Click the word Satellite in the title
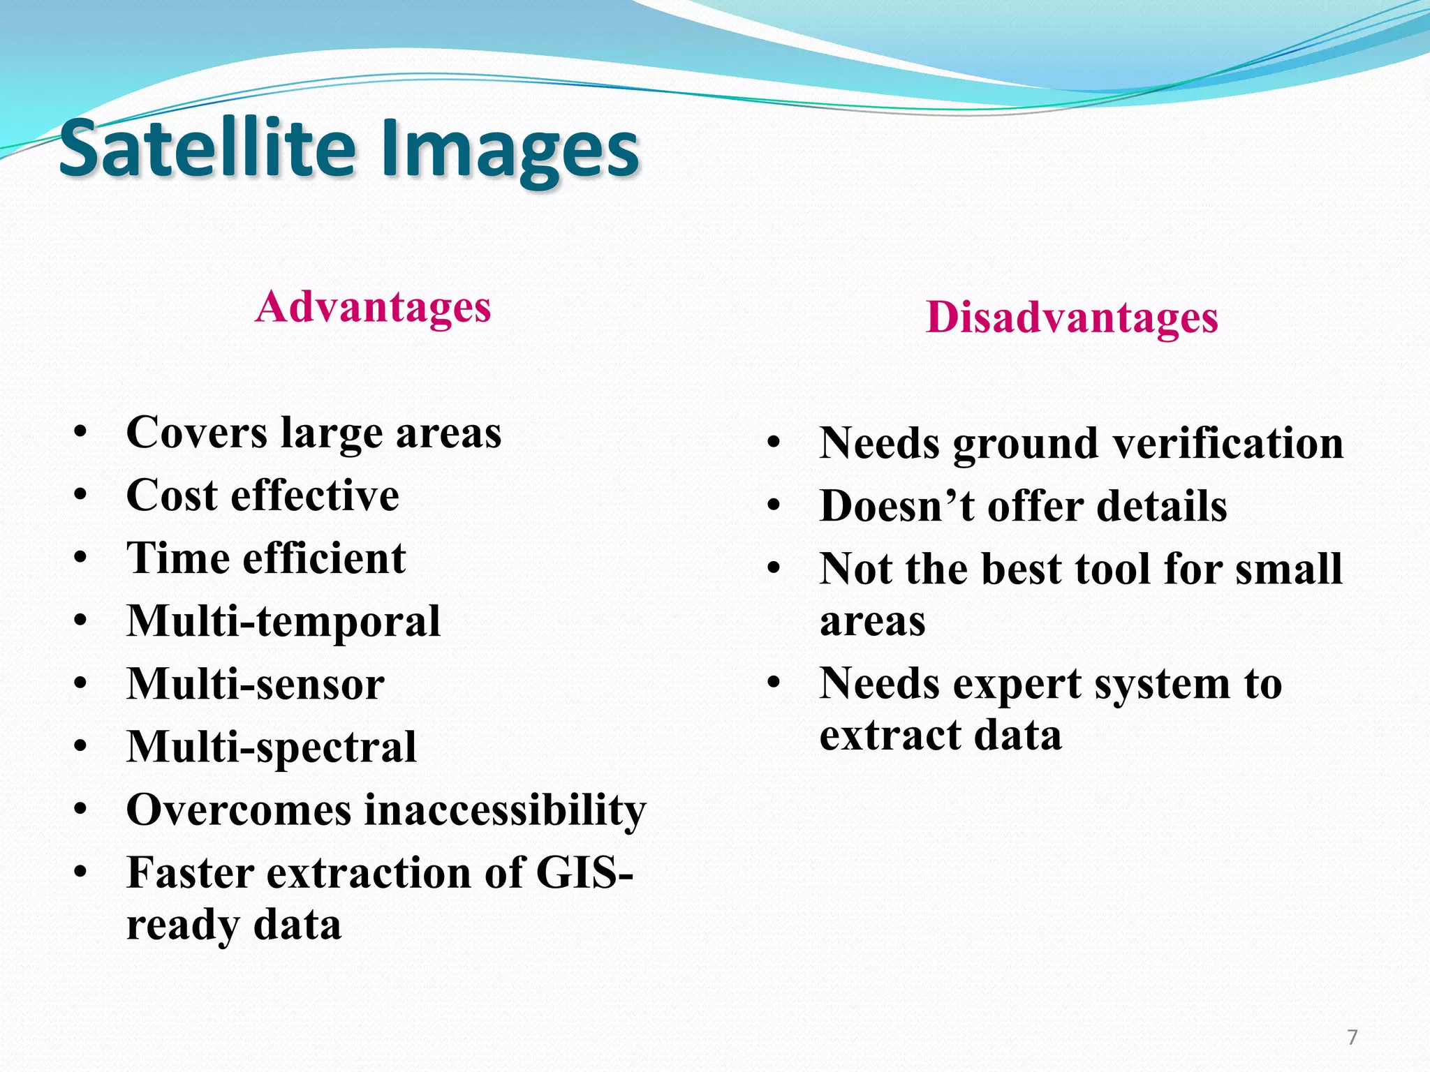click(207, 149)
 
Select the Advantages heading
click(373, 306)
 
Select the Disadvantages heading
click(1072, 318)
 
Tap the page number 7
click(1352, 1037)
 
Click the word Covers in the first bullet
click(197, 432)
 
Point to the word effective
click(315, 496)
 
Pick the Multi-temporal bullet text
click(283, 621)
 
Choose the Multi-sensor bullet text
click(256, 684)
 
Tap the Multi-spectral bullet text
click(272, 747)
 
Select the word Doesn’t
click(897, 506)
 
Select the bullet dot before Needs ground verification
click(774, 443)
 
